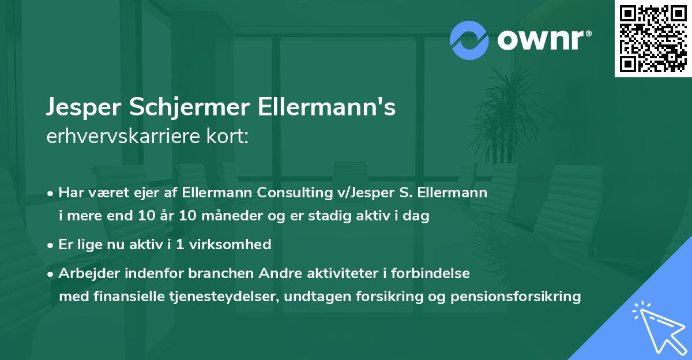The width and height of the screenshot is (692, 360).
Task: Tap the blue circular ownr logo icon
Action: coord(468,40)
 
